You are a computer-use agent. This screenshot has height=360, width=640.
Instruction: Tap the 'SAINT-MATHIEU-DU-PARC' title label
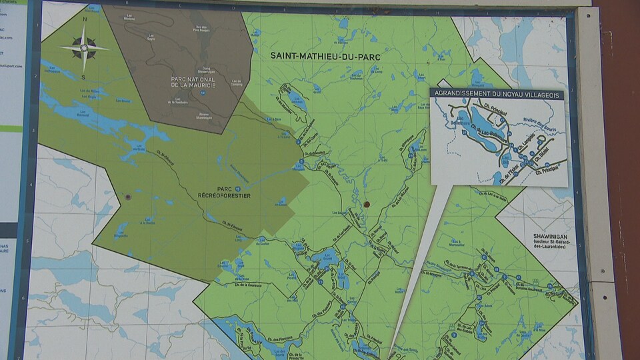(325, 57)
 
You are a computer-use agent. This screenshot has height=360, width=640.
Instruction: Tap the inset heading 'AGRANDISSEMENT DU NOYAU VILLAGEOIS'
(497, 94)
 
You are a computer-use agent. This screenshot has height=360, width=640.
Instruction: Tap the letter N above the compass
(85, 19)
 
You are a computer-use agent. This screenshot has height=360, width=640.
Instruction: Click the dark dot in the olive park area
(127, 197)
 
